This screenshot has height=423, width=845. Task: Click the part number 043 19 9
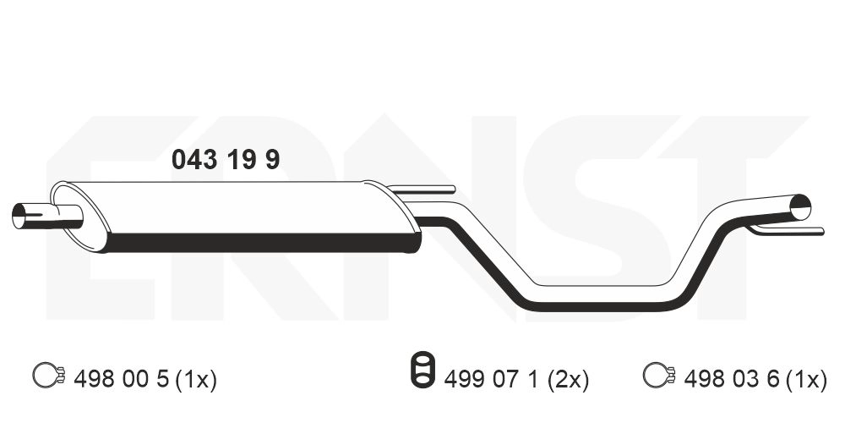pyautogui.click(x=226, y=159)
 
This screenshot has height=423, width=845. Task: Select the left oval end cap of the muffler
pyautogui.click(x=79, y=216)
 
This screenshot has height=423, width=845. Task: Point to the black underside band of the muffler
pyautogui.click(x=262, y=243)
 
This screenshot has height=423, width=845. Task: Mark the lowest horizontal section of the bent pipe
pyautogui.click(x=604, y=296)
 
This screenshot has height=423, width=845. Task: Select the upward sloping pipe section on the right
pyautogui.click(x=706, y=245)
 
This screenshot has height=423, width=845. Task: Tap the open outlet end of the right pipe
pyautogui.click(x=799, y=206)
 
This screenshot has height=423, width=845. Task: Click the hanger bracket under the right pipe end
pyautogui.click(x=786, y=229)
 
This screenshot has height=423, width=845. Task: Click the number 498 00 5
pyautogui.click(x=122, y=380)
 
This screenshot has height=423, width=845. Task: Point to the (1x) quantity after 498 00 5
pyautogui.click(x=196, y=380)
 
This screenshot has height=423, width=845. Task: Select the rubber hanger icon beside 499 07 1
pyautogui.click(x=419, y=372)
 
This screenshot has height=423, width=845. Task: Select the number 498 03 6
pyautogui.click(x=732, y=380)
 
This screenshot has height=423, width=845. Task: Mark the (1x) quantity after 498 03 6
pyautogui.click(x=806, y=380)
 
